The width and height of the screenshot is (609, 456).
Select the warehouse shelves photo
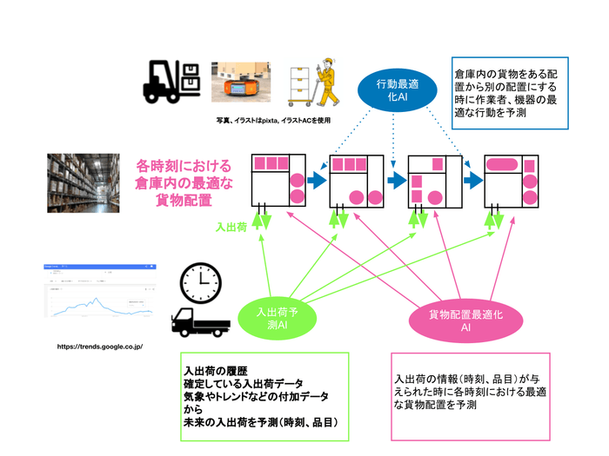(84, 183)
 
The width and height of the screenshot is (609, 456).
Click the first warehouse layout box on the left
(278, 181)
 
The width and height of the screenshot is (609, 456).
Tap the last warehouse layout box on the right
(511, 181)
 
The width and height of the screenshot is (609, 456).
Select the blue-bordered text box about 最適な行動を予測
(510, 92)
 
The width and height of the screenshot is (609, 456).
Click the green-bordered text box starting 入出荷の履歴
(264, 395)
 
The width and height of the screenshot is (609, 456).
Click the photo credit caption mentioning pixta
(273, 121)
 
